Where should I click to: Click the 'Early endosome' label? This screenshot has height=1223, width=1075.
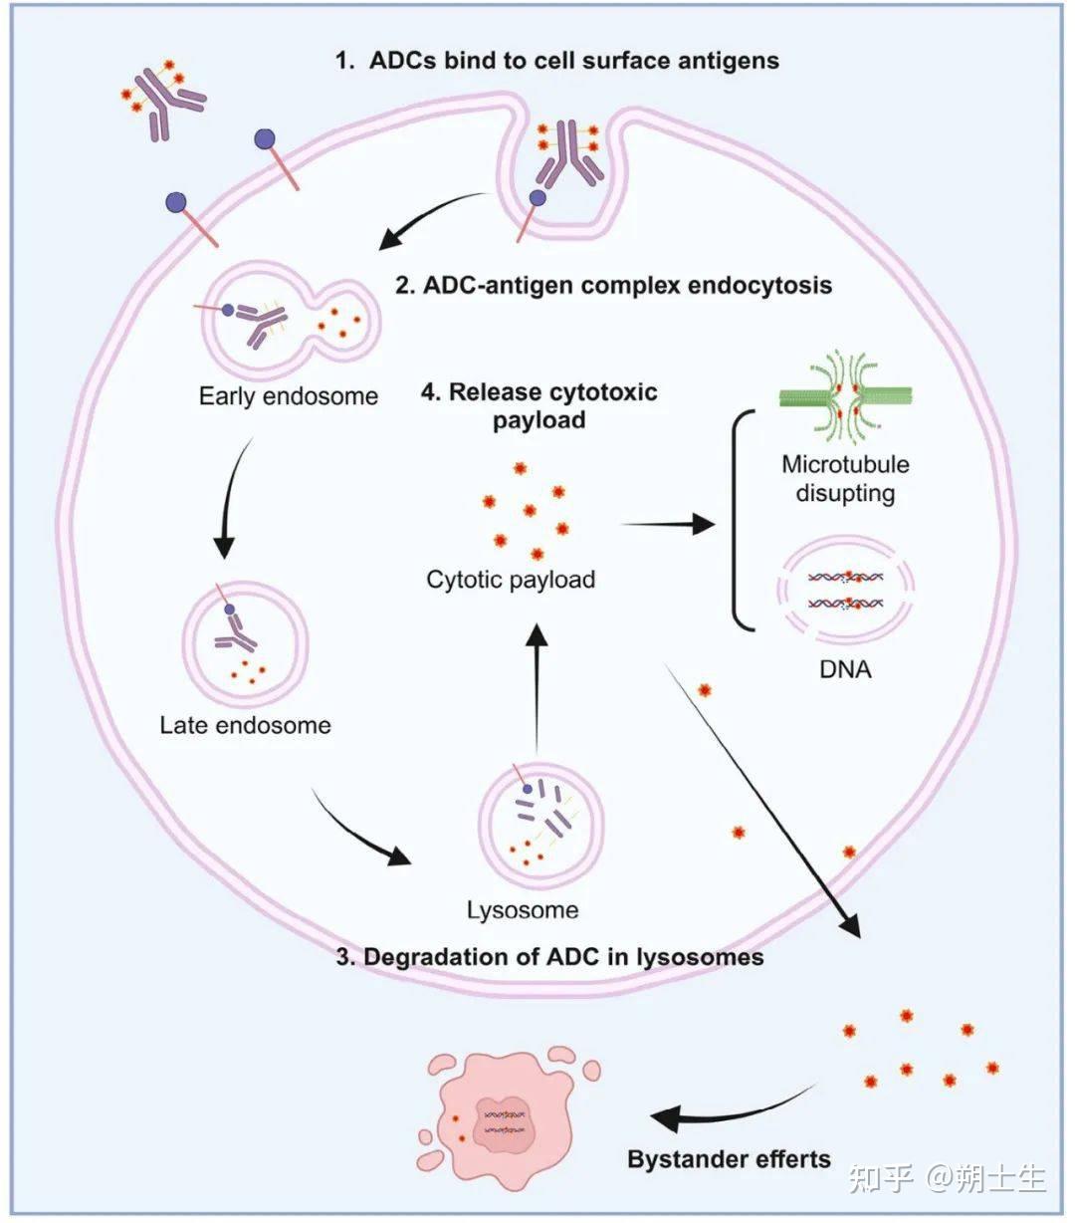pyautogui.click(x=289, y=396)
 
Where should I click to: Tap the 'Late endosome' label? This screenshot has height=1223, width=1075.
pyautogui.click(x=245, y=725)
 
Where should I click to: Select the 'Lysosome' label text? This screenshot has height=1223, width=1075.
pyautogui.click(x=523, y=910)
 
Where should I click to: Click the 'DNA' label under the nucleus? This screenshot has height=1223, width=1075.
pyautogui.click(x=845, y=669)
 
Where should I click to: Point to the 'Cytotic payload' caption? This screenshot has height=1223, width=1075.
pyautogui.click(x=511, y=580)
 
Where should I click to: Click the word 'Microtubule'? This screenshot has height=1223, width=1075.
pyautogui.click(x=845, y=464)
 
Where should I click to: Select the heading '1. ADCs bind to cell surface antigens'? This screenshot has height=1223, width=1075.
pyautogui.click(x=556, y=61)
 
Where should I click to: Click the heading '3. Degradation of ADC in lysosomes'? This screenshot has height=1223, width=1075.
pyautogui.click(x=550, y=957)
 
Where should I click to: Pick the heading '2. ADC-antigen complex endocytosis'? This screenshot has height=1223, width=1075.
pyautogui.click(x=613, y=285)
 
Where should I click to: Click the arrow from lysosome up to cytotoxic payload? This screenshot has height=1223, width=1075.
pyautogui.click(x=537, y=689)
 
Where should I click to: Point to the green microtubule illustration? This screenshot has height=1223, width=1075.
pyautogui.click(x=846, y=395)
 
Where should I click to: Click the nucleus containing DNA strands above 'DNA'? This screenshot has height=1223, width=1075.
pyautogui.click(x=845, y=590)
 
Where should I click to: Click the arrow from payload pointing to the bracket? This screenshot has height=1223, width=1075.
pyautogui.click(x=668, y=524)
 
